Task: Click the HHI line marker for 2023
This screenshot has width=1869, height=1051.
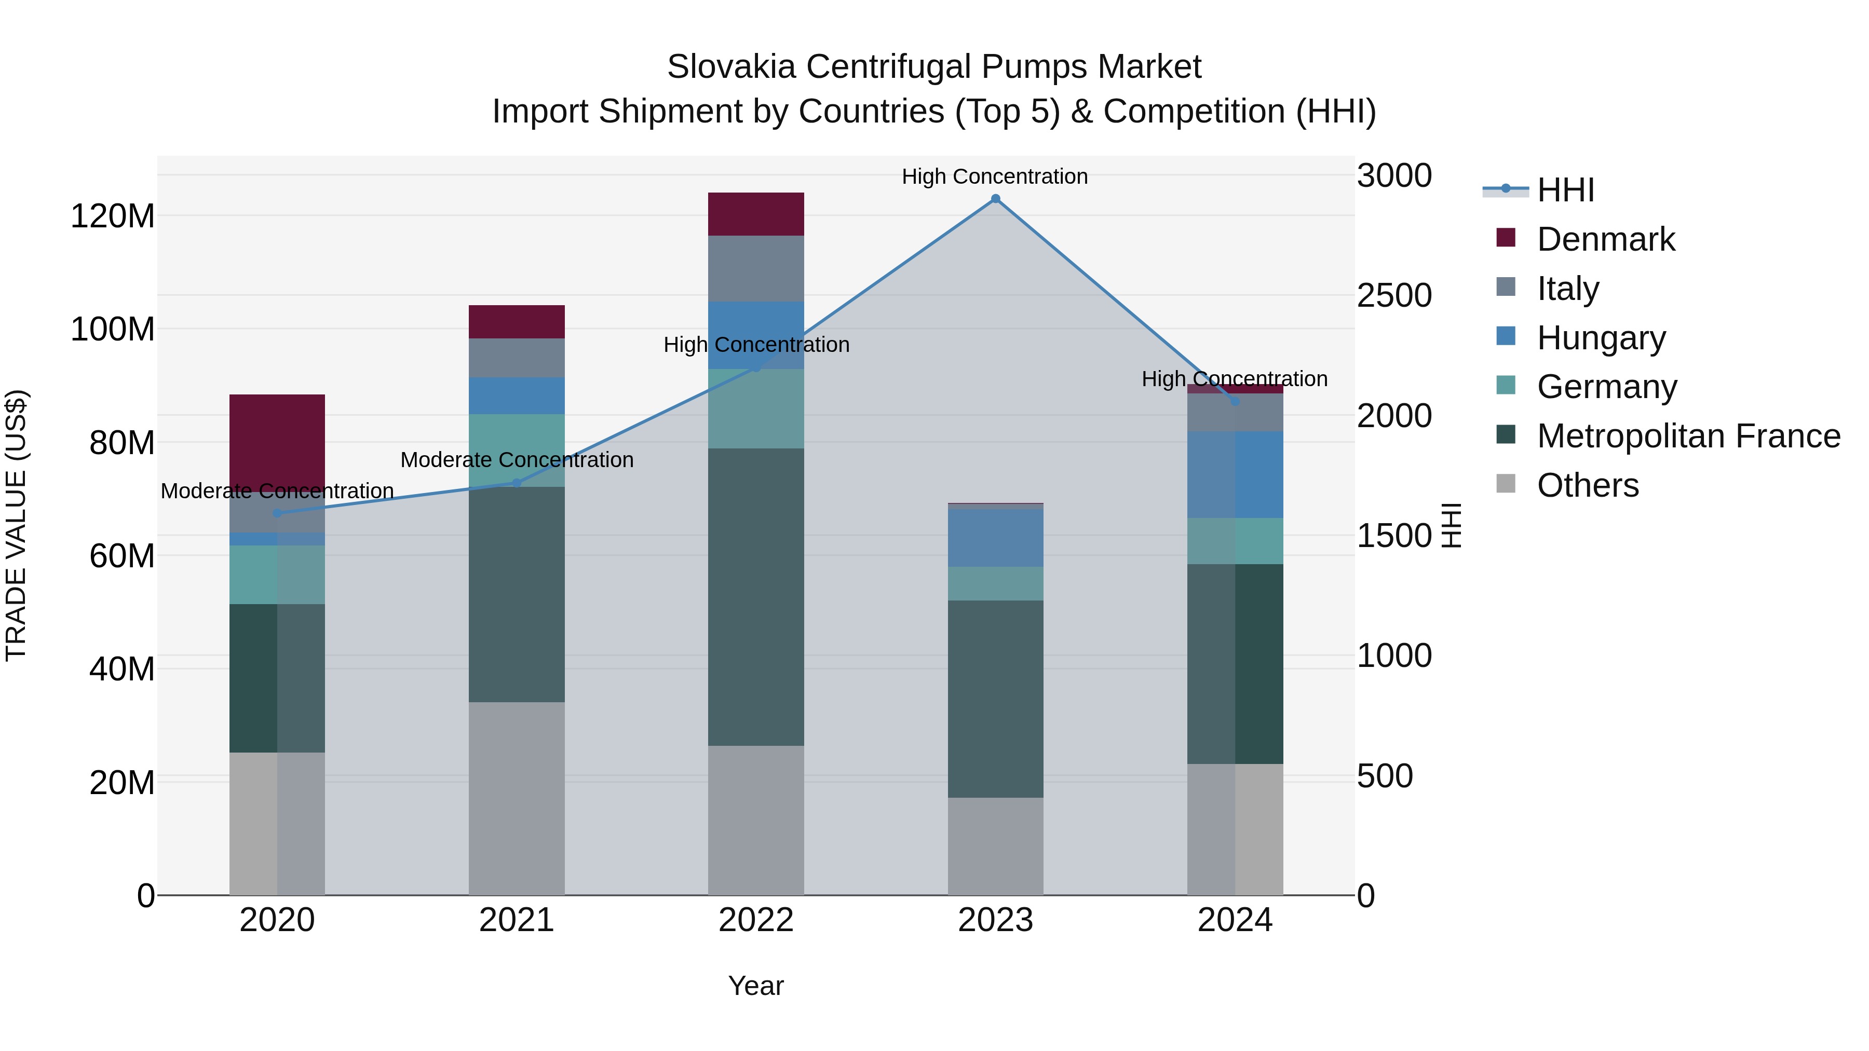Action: [995, 199]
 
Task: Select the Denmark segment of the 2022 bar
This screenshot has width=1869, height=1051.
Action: [756, 214]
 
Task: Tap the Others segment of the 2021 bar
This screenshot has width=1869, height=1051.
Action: [517, 798]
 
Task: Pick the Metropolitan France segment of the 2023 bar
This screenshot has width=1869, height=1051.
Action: [995, 699]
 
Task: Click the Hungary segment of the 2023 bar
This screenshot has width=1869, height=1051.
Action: [995, 538]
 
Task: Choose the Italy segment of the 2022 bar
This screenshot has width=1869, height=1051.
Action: [756, 268]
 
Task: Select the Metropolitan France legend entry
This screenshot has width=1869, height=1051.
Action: [1688, 436]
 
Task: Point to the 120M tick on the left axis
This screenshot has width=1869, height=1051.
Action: [113, 216]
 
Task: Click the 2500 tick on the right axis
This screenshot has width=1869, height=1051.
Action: [1394, 295]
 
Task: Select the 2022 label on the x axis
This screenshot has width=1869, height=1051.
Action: [756, 920]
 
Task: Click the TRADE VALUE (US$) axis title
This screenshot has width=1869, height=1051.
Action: [16, 525]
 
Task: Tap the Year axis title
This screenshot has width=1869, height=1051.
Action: [756, 986]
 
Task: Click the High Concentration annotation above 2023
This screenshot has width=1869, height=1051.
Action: [995, 176]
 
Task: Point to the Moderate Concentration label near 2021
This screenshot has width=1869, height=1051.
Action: [517, 460]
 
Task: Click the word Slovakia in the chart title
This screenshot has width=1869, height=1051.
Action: [732, 67]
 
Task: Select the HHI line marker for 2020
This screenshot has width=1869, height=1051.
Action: [277, 513]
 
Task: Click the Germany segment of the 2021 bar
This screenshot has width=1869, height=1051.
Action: [517, 449]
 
